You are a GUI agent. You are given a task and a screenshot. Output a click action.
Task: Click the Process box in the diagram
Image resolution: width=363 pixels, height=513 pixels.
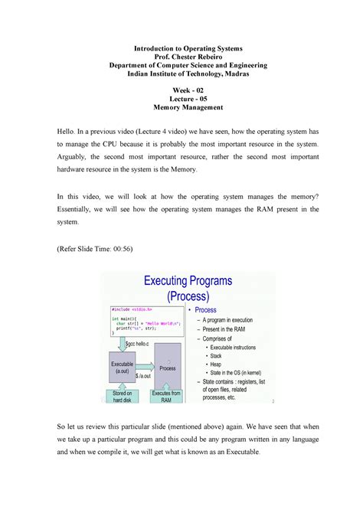(168, 368)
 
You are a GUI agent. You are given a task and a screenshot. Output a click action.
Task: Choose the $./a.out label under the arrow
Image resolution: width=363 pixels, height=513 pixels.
(145, 377)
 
